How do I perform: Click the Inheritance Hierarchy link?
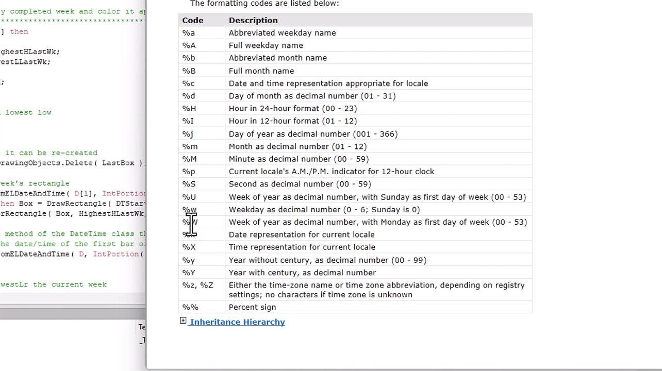[237, 322]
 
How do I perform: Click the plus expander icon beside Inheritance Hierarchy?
[183, 321]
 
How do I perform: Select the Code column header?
[193, 20]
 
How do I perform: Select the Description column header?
[253, 20]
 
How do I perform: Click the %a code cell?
[188, 33]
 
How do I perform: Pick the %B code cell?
[189, 71]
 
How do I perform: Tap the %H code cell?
[189, 108]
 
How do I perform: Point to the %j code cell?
[187, 134]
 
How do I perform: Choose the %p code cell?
[188, 172]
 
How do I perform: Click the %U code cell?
[189, 197]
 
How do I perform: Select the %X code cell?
[189, 247]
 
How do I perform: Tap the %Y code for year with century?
[189, 273]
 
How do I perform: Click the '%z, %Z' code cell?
[197, 285]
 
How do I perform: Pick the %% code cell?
[190, 307]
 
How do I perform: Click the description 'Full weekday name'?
[266, 45]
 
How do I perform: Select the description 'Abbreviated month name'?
[278, 58]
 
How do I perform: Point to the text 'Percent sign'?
[252, 307]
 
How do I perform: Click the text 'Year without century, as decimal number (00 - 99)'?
[327, 260]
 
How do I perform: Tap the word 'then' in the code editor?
[19, 31]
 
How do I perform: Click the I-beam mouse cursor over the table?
[191, 225]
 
